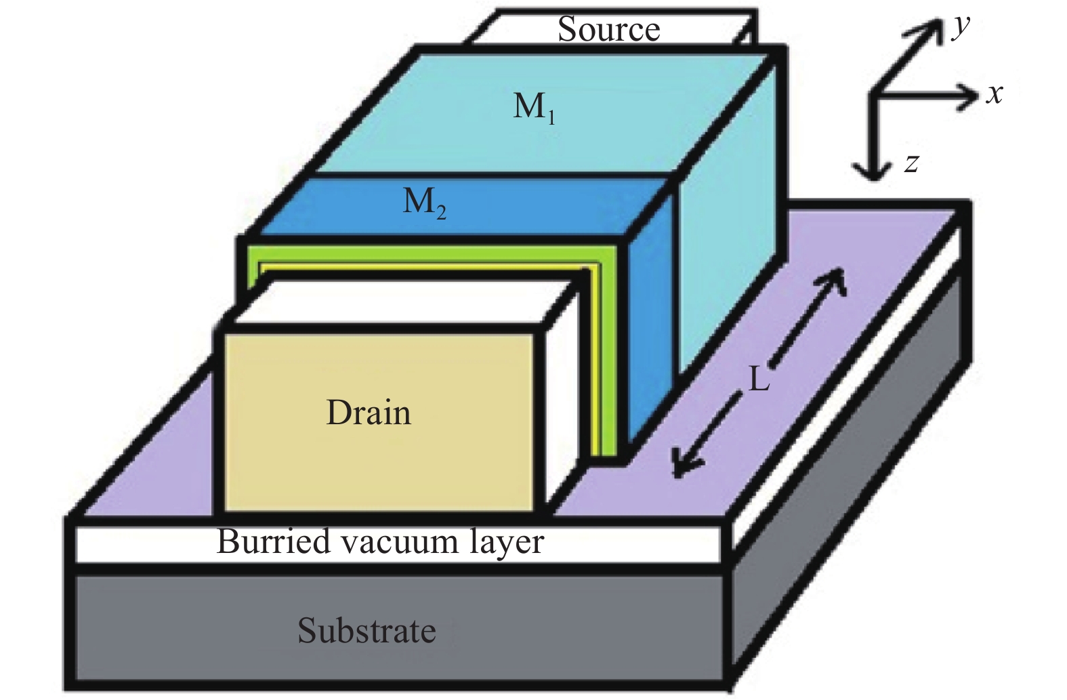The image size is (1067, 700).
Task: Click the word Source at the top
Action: pyautogui.click(x=609, y=30)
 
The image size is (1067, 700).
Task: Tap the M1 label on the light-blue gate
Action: pyautogui.click(x=534, y=108)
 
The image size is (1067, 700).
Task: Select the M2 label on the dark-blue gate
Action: pyautogui.click(x=424, y=203)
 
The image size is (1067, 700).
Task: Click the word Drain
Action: pyautogui.click(x=369, y=412)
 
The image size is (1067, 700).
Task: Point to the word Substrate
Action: pyautogui.click(x=367, y=630)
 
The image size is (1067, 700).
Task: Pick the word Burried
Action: pyautogui.click(x=274, y=542)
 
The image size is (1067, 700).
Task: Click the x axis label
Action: pyautogui.click(x=995, y=94)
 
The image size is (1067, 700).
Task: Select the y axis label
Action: pyautogui.click(x=961, y=27)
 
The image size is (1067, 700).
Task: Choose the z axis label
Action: pyautogui.click(x=911, y=163)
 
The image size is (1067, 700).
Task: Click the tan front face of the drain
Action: pyautogui.click(x=379, y=422)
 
